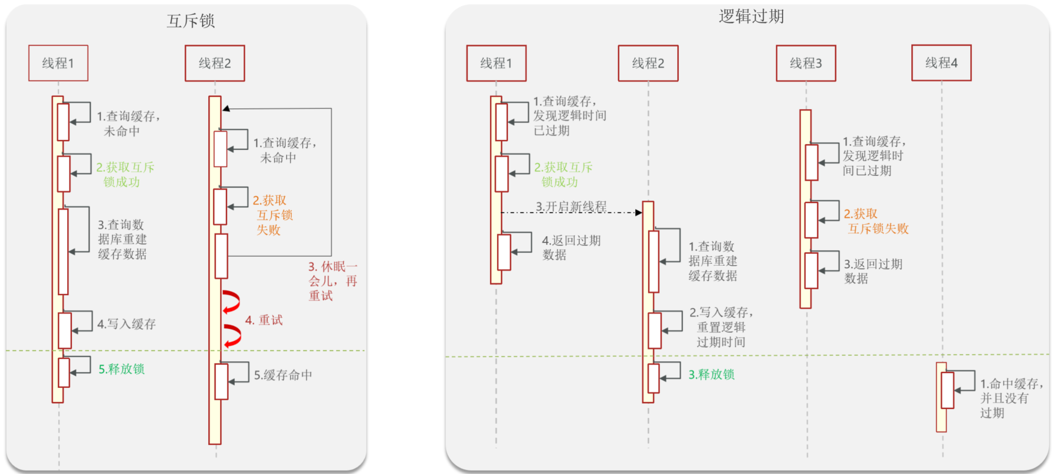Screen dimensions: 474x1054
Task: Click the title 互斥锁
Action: tap(191, 21)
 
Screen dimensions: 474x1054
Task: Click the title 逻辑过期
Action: tap(751, 17)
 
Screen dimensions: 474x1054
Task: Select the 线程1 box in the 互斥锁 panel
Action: tap(58, 63)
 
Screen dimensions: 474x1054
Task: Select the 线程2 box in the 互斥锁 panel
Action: tap(215, 63)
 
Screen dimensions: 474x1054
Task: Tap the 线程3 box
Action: tap(806, 63)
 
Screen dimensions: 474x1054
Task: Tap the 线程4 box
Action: tap(941, 63)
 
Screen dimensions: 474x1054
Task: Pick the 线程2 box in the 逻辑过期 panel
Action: tap(648, 63)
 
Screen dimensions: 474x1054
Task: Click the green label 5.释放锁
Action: tap(122, 370)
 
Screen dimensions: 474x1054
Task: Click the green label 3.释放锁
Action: tap(712, 375)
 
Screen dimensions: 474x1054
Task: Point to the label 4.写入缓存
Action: tap(126, 324)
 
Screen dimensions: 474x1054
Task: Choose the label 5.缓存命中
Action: tap(283, 375)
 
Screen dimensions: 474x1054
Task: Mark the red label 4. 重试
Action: tap(264, 321)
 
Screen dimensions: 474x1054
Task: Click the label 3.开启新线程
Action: tap(571, 207)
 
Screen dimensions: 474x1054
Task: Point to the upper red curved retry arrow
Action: tap(231, 302)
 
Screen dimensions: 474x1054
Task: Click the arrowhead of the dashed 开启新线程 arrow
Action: tap(639, 213)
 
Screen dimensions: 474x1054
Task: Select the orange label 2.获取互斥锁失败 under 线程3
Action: tap(876, 221)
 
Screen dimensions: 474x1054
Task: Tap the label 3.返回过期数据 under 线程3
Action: tap(873, 272)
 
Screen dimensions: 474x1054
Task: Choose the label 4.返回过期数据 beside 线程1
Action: tap(571, 248)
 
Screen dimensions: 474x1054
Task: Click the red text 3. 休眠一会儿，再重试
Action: tap(333, 282)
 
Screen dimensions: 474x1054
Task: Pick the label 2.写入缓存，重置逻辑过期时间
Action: tap(721, 327)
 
